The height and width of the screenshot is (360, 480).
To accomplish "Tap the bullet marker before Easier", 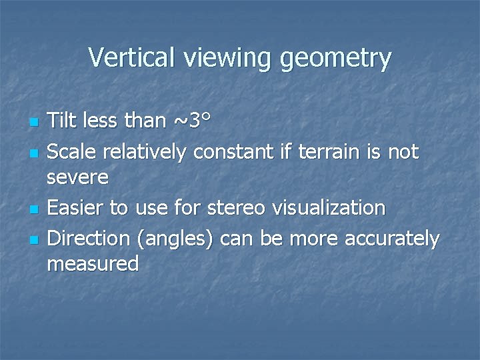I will tap(33, 210).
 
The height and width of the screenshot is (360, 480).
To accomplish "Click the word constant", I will tap(231, 152).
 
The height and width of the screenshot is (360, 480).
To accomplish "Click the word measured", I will tap(93, 264).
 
